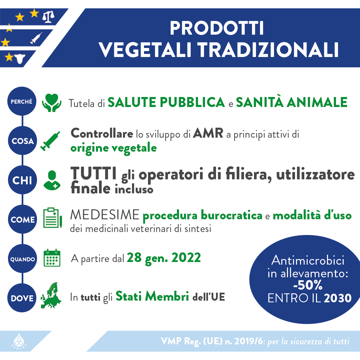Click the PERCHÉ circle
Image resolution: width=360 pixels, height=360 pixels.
(x=22, y=101)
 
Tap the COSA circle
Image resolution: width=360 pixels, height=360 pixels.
(x=23, y=141)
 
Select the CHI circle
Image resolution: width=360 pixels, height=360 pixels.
(x=23, y=180)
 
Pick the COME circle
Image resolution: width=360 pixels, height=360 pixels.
(x=23, y=219)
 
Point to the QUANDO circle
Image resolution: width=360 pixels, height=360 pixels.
(x=23, y=259)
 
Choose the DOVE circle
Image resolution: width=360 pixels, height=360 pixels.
(x=22, y=298)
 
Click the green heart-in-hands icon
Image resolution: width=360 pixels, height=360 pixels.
(x=52, y=103)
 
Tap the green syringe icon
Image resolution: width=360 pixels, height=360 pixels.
(x=50, y=141)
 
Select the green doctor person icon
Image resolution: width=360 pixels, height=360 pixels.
(x=52, y=180)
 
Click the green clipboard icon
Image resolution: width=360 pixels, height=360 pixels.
(x=53, y=218)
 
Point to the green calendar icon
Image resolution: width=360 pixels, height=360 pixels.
(x=52, y=258)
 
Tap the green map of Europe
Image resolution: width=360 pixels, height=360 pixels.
(x=51, y=295)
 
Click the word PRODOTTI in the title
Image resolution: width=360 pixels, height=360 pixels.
(x=217, y=28)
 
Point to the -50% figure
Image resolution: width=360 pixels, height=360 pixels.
(x=308, y=285)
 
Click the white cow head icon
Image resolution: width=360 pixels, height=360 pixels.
(x=20, y=59)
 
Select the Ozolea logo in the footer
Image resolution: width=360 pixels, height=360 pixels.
(x=19, y=342)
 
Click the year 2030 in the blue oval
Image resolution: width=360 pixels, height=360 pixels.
(x=338, y=298)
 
